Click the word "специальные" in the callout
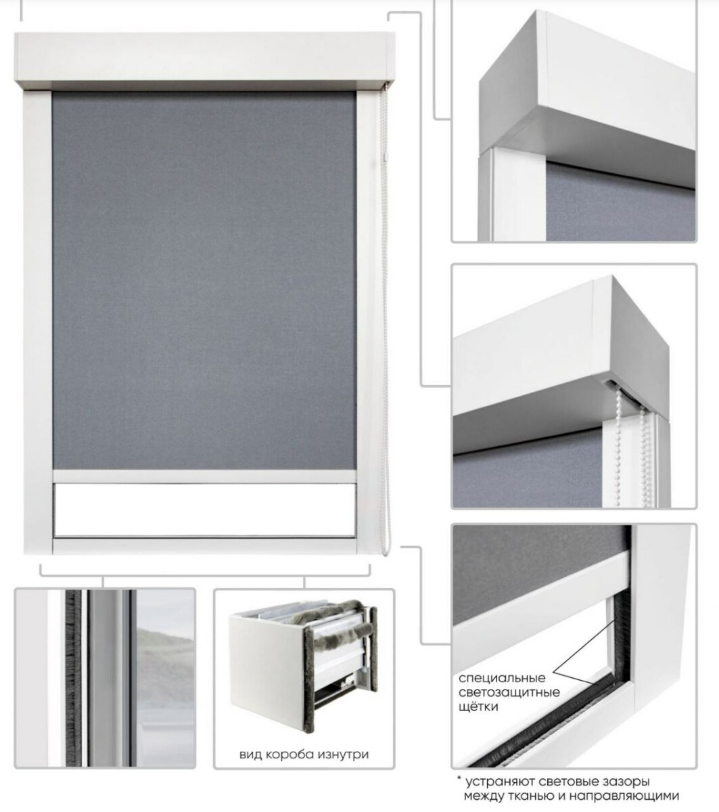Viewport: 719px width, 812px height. coord(502,678)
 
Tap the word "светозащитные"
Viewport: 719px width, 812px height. coord(509,692)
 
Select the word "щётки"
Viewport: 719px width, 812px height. coord(478,706)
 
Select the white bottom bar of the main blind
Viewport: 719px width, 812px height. coord(204,476)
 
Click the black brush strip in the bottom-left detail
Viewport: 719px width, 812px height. coord(73,678)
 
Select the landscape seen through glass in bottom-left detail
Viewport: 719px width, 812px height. coord(164,678)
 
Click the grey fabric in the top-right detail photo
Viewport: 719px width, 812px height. coord(620,202)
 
